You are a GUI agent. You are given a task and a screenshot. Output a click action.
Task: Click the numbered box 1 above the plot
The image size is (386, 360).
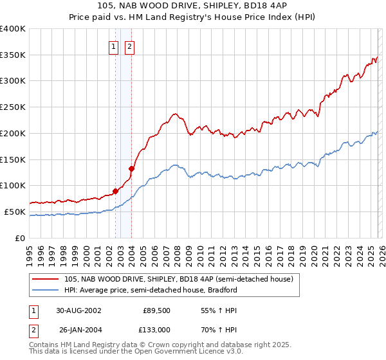[114, 46]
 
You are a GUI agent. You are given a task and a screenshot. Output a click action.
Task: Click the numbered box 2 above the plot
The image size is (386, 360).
[129, 46]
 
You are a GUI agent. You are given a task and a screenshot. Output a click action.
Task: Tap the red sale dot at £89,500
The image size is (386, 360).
[116, 190]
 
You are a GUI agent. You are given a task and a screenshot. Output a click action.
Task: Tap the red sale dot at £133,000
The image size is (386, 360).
[131, 168]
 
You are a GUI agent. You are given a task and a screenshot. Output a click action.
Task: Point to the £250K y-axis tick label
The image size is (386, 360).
[13, 107]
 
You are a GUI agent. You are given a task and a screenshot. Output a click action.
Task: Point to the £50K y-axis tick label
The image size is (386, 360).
[15, 212]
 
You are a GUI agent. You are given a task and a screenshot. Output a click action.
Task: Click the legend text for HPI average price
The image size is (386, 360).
[151, 290]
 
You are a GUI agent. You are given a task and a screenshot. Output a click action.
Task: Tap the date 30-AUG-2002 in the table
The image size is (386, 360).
[78, 310]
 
